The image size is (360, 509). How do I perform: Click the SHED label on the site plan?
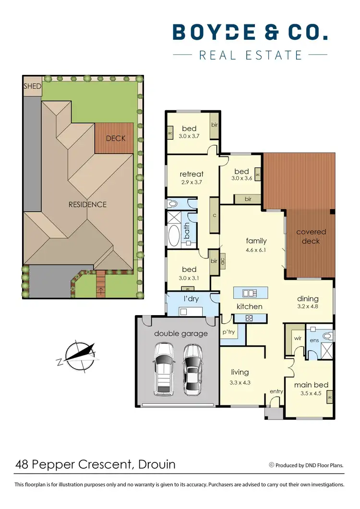(33, 86)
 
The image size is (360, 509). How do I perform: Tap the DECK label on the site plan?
(115, 138)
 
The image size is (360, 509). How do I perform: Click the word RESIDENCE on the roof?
(87, 204)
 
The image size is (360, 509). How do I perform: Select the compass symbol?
(79, 355)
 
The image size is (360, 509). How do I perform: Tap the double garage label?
(181, 333)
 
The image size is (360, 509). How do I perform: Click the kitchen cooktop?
(250, 317)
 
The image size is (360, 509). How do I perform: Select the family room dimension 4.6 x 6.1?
(256, 249)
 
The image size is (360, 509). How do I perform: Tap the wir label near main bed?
(297, 338)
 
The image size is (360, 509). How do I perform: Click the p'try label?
(227, 331)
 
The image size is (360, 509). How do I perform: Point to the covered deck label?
(311, 237)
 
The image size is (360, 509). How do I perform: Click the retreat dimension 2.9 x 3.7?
(192, 182)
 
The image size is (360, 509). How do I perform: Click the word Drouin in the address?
(157, 464)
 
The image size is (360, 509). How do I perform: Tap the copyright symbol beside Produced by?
(271, 464)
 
